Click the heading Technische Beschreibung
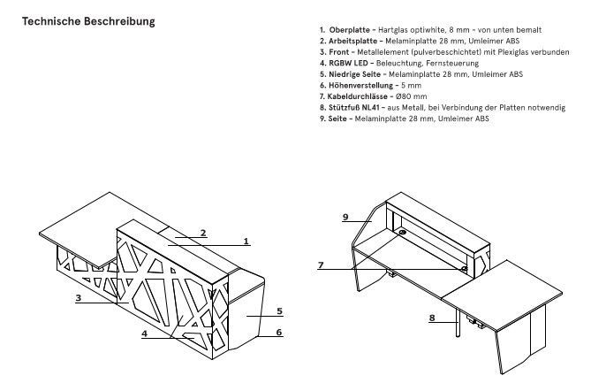(88, 20)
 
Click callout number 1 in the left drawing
(246, 240)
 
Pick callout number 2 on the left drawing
(202, 234)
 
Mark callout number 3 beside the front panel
(78, 299)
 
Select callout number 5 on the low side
(278, 311)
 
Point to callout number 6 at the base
(278, 332)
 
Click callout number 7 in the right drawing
(322, 264)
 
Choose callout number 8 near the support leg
(433, 318)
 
